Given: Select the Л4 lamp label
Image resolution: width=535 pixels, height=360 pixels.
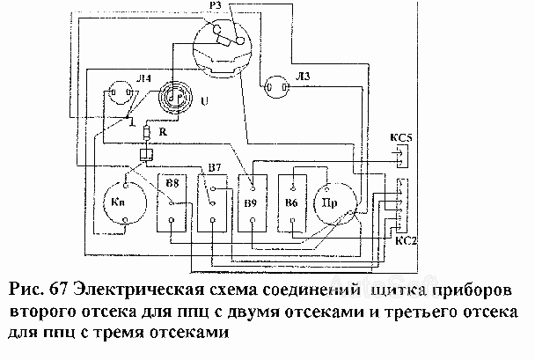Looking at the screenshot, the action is click(x=144, y=79).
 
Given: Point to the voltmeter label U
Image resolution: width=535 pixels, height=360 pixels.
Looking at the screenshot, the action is click(x=204, y=101).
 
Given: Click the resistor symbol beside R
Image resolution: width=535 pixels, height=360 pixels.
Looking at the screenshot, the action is click(x=147, y=132).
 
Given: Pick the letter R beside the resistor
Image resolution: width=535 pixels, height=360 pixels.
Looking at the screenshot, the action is click(x=163, y=132).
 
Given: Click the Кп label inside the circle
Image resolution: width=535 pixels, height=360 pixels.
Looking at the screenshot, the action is click(x=118, y=202).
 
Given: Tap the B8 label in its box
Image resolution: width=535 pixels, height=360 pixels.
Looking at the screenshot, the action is click(x=172, y=183).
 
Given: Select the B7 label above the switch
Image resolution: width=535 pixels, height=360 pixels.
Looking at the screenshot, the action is click(x=215, y=168).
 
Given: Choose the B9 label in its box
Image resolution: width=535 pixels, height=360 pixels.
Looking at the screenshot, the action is click(x=251, y=203).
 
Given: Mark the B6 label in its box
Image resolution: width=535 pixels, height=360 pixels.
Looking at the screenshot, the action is click(x=291, y=202).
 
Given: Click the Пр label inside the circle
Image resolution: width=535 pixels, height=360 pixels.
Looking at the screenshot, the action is click(x=330, y=203).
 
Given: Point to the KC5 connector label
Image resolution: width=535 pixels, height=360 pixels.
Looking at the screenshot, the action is click(x=401, y=138).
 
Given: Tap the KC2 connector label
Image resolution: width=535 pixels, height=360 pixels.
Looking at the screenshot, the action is click(x=406, y=241).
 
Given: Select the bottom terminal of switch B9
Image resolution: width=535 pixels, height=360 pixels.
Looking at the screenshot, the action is click(x=253, y=220).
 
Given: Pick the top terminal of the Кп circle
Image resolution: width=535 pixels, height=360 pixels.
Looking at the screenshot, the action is click(x=126, y=186).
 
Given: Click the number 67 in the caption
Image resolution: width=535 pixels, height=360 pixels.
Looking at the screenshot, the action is click(x=59, y=290).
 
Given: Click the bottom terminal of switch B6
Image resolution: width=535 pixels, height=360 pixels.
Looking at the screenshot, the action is click(x=292, y=220).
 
